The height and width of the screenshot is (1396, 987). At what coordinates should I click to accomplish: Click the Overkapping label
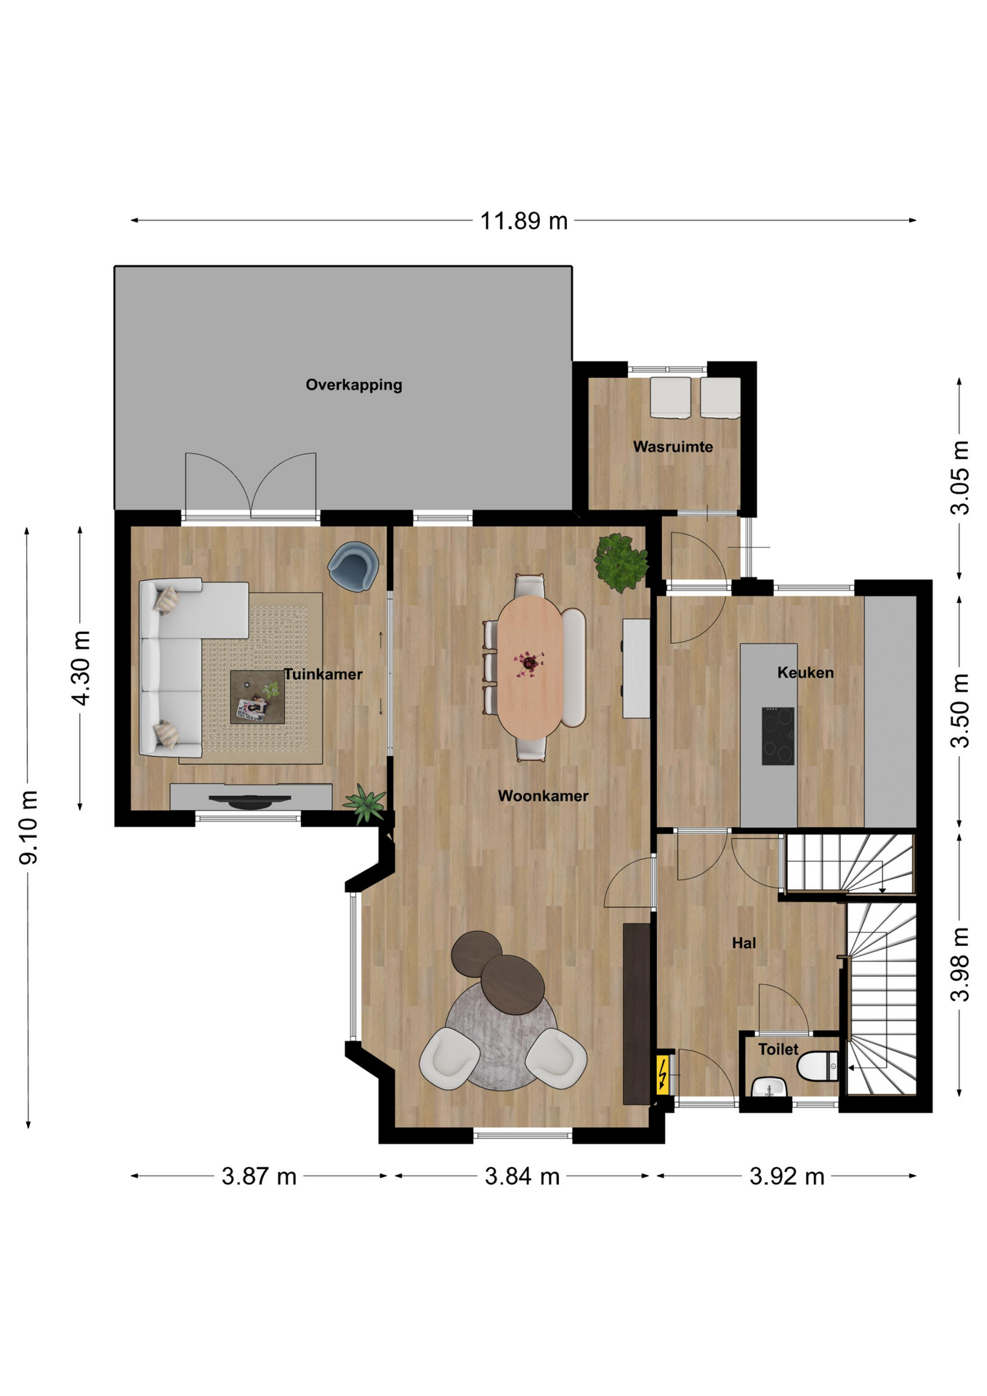(353, 385)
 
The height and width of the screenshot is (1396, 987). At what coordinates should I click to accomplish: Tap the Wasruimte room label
(672, 446)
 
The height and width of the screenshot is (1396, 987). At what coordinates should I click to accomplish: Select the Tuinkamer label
(323, 674)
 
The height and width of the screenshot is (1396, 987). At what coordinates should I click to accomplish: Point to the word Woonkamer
(543, 795)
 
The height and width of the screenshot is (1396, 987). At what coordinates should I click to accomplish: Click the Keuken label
(805, 673)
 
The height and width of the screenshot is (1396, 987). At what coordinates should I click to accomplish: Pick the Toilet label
(778, 1049)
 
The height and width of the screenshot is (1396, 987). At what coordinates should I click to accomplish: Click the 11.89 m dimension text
(523, 220)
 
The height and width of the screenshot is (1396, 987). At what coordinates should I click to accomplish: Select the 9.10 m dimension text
(28, 827)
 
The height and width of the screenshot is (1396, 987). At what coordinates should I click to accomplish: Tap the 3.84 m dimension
(522, 1176)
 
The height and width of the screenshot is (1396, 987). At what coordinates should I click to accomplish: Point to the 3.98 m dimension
(960, 964)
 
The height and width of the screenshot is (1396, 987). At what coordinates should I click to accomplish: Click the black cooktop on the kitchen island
(778, 736)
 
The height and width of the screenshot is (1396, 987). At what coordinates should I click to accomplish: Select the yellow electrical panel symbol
(663, 1075)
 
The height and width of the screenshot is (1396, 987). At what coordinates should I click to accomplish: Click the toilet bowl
(818, 1067)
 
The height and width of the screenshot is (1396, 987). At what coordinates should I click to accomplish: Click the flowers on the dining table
(528, 663)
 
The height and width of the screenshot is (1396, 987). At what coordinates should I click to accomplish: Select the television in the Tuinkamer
(250, 801)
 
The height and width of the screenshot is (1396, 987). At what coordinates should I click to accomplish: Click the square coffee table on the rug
(257, 697)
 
